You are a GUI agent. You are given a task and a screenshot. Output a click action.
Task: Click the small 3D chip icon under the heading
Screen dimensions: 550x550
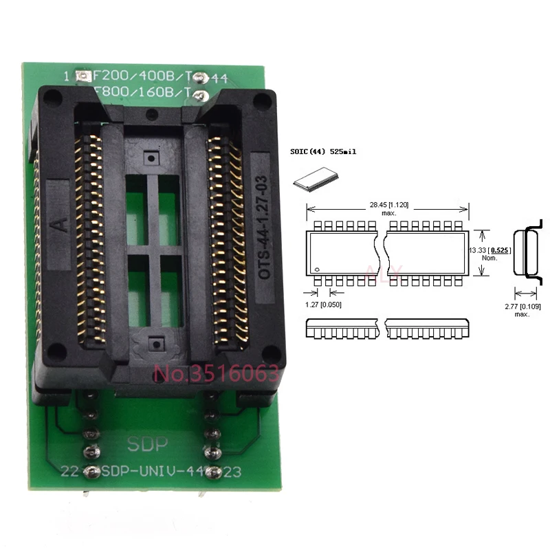point(311,179)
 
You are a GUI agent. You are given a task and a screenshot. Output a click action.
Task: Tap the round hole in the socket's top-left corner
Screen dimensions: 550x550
point(54,100)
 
